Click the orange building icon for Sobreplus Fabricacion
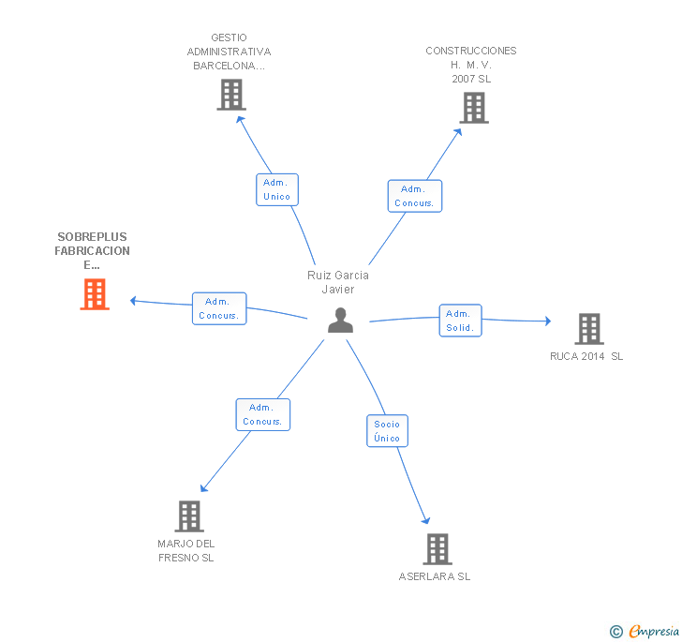(x=95, y=294)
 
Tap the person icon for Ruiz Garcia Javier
(x=340, y=321)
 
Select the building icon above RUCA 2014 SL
(x=588, y=329)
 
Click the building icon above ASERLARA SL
(x=437, y=549)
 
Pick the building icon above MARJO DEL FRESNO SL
(x=189, y=516)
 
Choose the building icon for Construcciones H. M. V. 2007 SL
(x=474, y=108)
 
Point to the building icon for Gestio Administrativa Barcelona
(x=231, y=95)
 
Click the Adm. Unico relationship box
(x=277, y=189)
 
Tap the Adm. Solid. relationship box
(x=460, y=321)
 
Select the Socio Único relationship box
(x=387, y=431)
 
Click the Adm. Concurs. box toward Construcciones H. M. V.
(x=414, y=196)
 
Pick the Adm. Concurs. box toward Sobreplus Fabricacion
(x=219, y=308)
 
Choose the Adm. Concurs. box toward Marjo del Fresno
(x=263, y=414)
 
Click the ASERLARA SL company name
(x=435, y=576)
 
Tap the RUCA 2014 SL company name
(x=586, y=356)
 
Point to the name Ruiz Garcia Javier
(x=338, y=282)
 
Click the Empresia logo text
(x=654, y=632)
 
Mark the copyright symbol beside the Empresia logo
(x=616, y=633)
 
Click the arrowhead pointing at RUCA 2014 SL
(x=547, y=321)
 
